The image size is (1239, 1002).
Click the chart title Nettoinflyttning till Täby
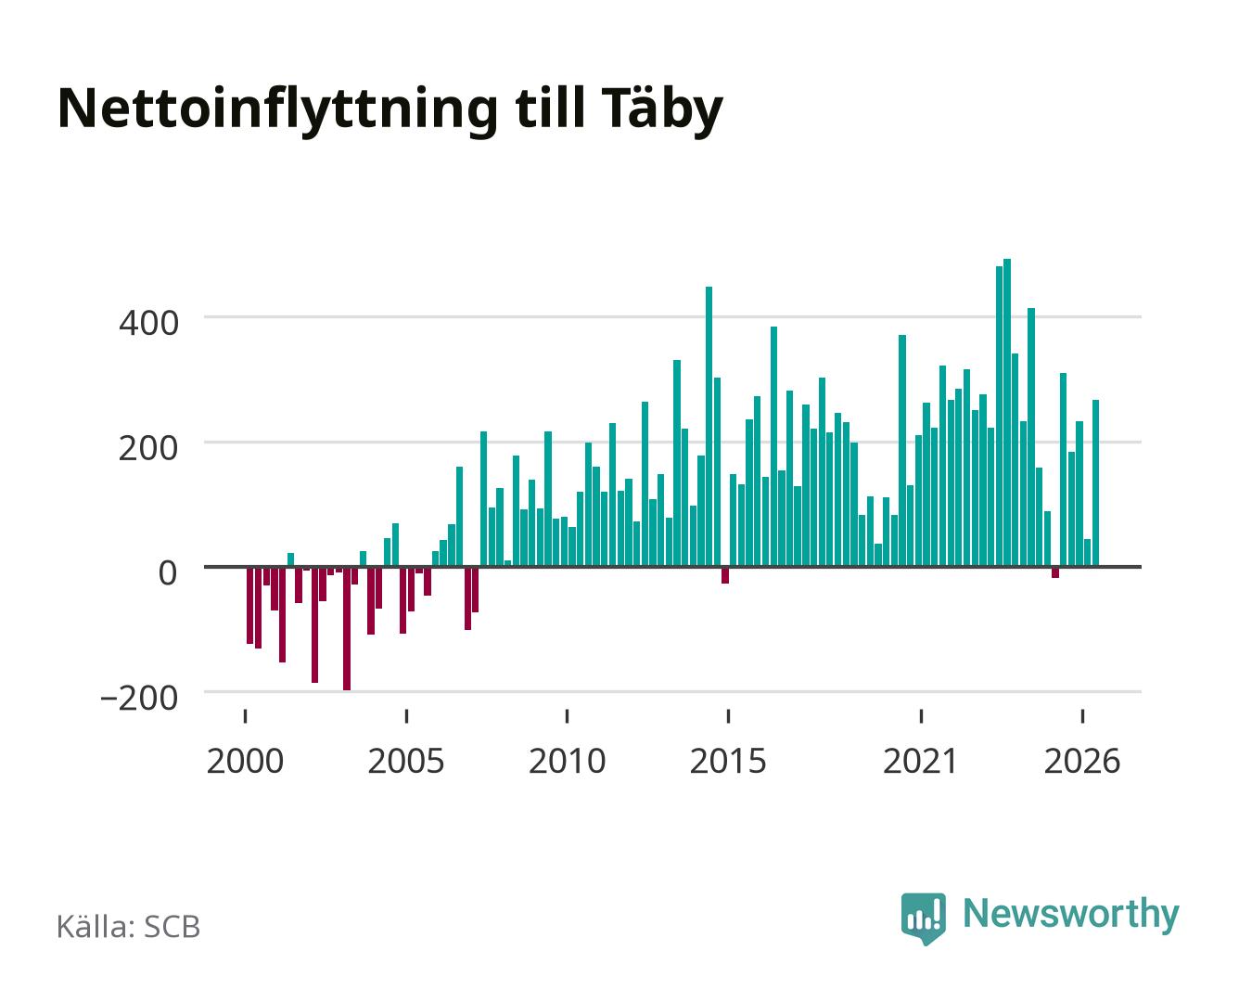pos(390,110)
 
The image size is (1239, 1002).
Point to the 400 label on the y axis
pos(148,323)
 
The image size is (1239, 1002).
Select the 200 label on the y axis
pos(148,448)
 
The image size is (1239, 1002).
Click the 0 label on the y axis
pos(168,573)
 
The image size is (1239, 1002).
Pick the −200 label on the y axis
pos(139,699)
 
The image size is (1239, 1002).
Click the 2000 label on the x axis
pos(245,762)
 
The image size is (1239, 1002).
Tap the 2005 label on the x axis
pos(406,762)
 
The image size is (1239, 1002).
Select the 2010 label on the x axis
pos(568,762)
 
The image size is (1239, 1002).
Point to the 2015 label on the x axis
pos(728,762)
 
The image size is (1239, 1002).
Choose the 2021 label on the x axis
pos(920,762)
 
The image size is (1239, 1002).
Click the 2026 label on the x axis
pos(1082,762)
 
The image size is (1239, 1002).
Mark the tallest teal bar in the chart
pos(1007,413)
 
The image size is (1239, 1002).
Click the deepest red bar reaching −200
pos(347,628)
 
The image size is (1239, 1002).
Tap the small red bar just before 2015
pos(725,575)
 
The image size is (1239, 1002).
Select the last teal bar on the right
pos(1095,483)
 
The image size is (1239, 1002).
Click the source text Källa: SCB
pos(129,927)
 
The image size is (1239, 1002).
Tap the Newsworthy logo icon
pos(923,918)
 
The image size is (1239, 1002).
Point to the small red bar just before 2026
pos(1055,572)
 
